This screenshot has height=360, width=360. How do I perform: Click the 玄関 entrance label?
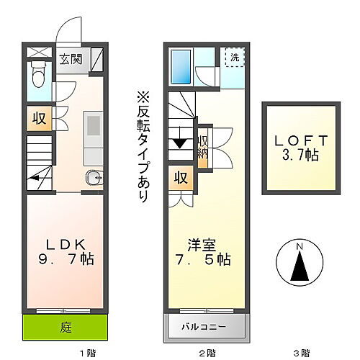coord(70,60)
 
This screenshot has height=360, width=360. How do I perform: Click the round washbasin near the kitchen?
coord(92,179)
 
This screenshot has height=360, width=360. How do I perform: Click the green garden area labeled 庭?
coord(66,327)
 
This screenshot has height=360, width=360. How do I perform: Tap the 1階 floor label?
coord(86,353)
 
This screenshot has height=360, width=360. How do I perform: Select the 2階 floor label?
coord(207,353)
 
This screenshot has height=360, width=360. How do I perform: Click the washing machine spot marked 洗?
coord(234,57)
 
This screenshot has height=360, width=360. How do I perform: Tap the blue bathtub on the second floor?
coord(181,66)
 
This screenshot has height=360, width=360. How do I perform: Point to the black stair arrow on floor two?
coord(179,143)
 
